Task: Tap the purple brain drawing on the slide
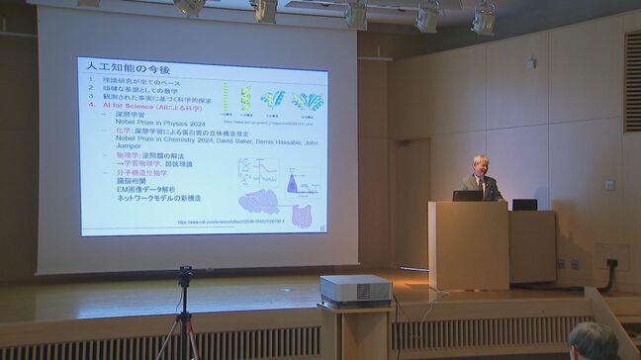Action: (259, 201)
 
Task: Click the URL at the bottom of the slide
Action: (230, 223)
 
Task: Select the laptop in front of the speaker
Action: (467, 196)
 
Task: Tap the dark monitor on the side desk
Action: (524, 205)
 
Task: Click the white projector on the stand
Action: (355, 290)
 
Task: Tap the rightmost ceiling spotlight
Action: (483, 20)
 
